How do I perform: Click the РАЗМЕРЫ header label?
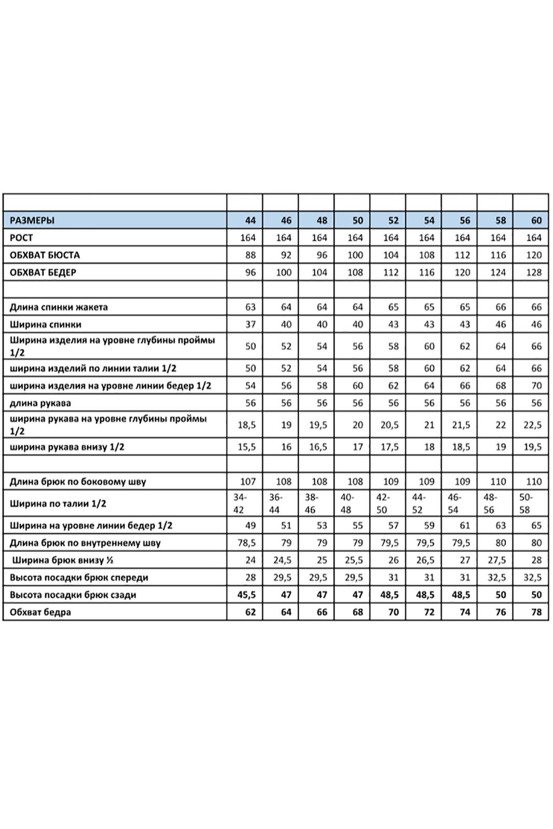pyautogui.click(x=32, y=220)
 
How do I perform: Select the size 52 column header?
pyautogui.click(x=393, y=220)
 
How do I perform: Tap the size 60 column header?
pyautogui.click(x=536, y=220)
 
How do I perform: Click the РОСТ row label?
pyautogui.click(x=21, y=238)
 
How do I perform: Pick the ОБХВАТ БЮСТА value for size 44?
pyautogui.click(x=251, y=255)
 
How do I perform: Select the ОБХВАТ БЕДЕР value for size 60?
pyautogui.click(x=534, y=272)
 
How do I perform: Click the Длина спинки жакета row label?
pyautogui.click(x=59, y=307)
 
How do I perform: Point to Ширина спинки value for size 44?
pyautogui.click(x=251, y=325)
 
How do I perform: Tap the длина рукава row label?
pyautogui.click(x=40, y=403)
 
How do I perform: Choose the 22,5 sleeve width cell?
pyautogui.click(x=532, y=425)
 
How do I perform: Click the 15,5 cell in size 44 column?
pyautogui.click(x=247, y=447)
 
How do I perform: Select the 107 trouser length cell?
pyautogui.click(x=248, y=482)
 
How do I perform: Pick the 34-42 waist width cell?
pyautogui.click(x=239, y=503)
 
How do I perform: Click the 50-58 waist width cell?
pyautogui.click(x=526, y=503)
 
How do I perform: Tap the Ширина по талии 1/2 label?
pyautogui.click(x=58, y=503)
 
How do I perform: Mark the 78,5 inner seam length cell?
pyautogui.click(x=247, y=543)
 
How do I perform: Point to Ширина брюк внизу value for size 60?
pyautogui.click(x=536, y=560)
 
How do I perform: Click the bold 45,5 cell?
pyautogui.click(x=247, y=595)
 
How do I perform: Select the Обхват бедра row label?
pyautogui.click(x=40, y=612)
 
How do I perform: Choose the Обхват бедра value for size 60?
pyautogui.click(x=536, y=612)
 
